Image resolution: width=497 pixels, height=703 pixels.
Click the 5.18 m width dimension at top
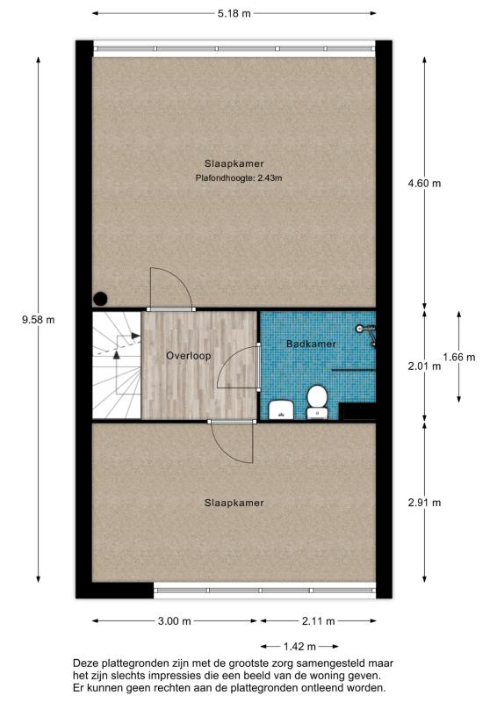[x=234, y=13]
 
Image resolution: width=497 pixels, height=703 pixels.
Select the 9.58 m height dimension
[x=38, y=320]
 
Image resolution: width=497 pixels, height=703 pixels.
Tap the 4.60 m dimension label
[x=424, y=184]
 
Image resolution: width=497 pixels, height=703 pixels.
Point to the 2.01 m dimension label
[x=424, y=366]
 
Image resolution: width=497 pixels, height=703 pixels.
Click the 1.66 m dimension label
[x=458, y=357]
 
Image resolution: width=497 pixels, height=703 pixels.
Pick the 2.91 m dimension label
[x=424, y=503]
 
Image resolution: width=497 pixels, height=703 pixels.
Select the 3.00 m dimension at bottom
[x=175, y=621]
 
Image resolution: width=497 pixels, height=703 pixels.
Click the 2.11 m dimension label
[x=317, y=621]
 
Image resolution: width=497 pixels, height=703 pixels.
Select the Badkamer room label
[x=311, y=344]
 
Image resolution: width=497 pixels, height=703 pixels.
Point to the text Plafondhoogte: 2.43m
[x=239, y=178]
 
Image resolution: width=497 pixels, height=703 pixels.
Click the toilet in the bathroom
[x=317, y=401]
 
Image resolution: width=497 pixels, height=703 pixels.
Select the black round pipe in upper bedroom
[x=101, y=299]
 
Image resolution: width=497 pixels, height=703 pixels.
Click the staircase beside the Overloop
[x=116, y=365]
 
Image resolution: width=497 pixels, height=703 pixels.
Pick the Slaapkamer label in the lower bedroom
[x=234, y=503]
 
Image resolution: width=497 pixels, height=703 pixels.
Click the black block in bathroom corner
[x=357, y=410]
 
